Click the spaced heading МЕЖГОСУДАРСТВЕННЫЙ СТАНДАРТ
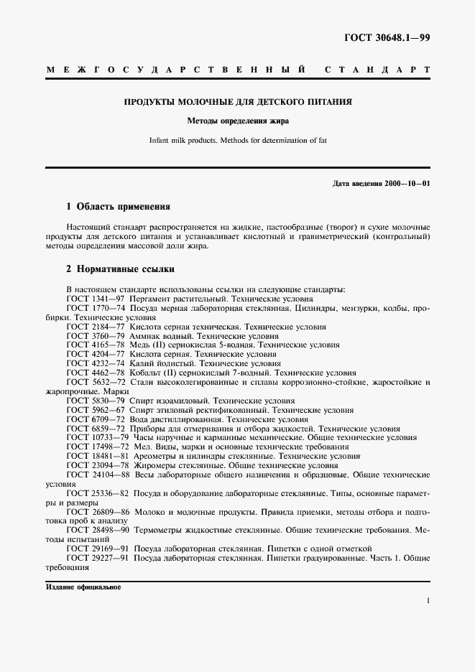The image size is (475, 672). [x=238, y=70]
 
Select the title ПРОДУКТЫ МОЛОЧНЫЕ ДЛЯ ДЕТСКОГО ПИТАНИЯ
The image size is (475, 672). [x=238, y=103]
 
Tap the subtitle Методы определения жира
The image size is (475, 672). [x=238, y=121]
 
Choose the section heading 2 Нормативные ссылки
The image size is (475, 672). [x=121, y=270]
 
